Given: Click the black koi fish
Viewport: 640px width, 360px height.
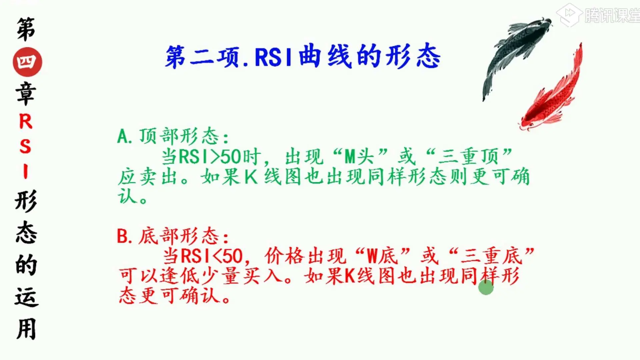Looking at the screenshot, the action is (x=515, y=53).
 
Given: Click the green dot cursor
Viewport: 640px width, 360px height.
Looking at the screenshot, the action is (x=486, y=287).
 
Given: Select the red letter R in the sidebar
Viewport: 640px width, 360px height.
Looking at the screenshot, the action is (x=26, y=121).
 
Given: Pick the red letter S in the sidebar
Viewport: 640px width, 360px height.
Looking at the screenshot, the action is (x=25, y=147).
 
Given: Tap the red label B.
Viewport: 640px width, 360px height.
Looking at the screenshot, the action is (x=122, y=236).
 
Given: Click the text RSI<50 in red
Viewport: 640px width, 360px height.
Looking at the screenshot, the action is (x=211, y=256).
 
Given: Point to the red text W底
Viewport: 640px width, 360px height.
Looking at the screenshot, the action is (x=383, y=256).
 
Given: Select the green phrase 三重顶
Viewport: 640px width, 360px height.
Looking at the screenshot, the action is (x=468, y=156).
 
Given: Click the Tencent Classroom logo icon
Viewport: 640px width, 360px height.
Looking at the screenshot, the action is (x=569, y=15).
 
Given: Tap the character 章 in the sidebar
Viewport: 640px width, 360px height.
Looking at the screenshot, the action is (x=26, y=94).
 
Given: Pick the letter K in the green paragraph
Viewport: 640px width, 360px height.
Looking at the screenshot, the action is (x=251, y=177).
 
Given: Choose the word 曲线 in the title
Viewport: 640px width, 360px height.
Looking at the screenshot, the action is (x=325, y=57).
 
